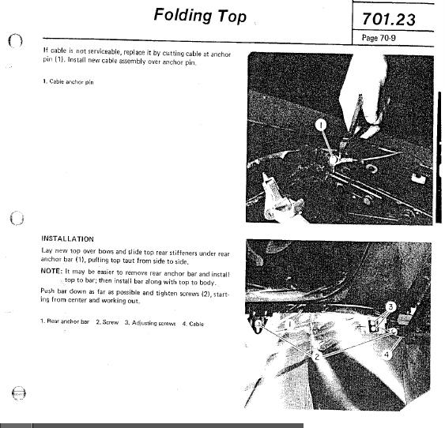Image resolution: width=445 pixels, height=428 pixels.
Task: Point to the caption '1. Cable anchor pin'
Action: coord(68,83)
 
